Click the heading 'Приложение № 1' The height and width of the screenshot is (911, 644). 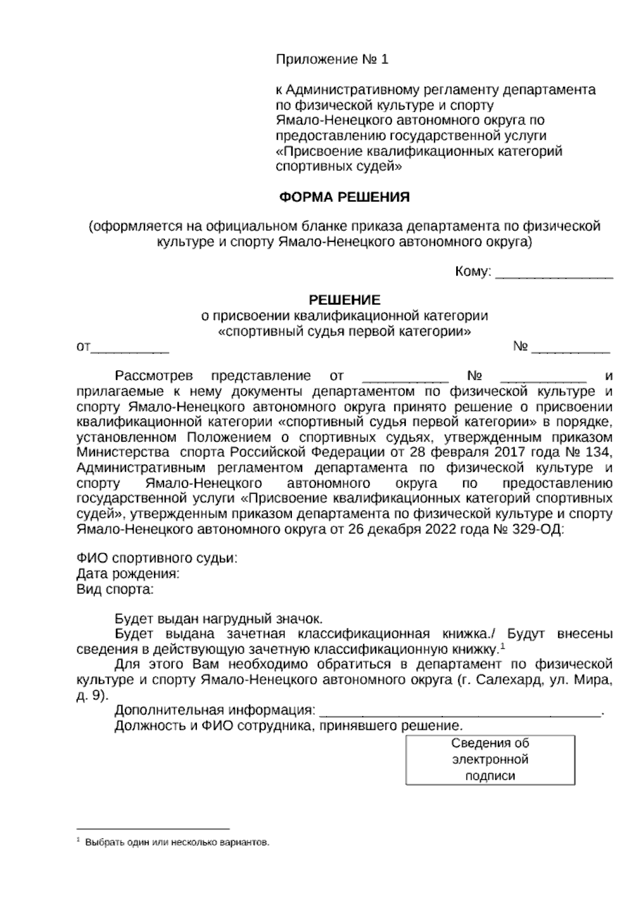pos(331,60)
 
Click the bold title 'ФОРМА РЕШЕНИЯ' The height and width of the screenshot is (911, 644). pos(344,197)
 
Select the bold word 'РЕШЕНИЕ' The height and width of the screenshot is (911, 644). pos(344,300)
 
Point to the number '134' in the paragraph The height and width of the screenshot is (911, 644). pos(600,449)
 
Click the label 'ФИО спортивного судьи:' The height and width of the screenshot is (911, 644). pos(157,558)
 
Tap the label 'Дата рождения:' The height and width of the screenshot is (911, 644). pos(128,574)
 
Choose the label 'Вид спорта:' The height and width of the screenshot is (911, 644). pos(115,589)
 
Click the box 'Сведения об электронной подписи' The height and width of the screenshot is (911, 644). pos(490,760)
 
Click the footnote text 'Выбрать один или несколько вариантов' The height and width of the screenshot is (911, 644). pos(177,842)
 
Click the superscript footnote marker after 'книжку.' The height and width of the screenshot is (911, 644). pos(503,646)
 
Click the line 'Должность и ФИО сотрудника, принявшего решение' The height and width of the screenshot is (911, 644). pos(288,727)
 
